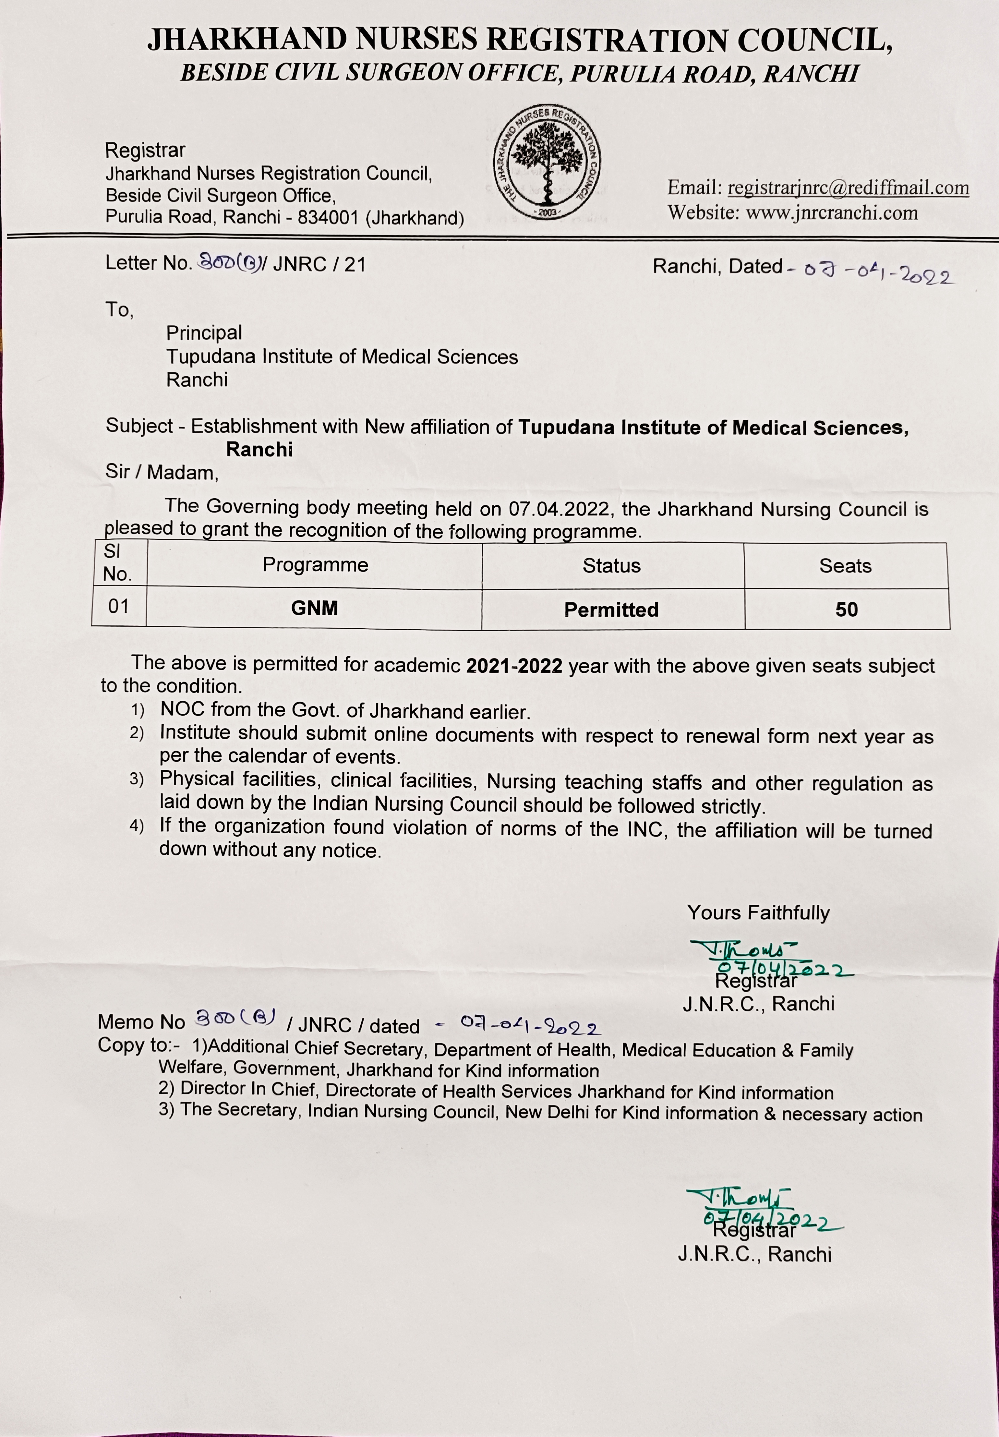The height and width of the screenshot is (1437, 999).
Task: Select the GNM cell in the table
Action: tap(314, 608)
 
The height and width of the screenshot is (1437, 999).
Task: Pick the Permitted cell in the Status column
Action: tap(611, 610)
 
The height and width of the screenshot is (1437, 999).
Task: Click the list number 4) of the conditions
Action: tap(137, 826)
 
